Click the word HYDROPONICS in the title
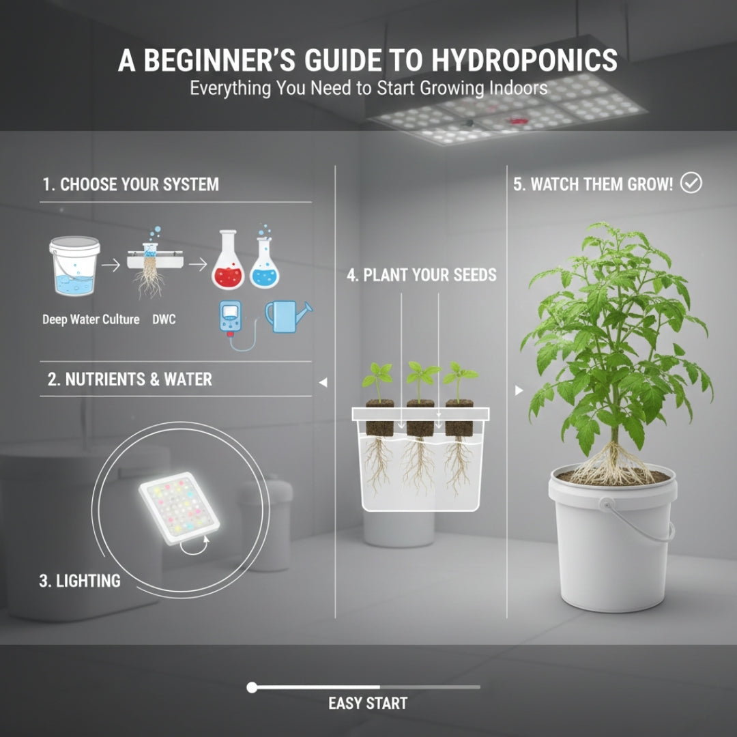524,61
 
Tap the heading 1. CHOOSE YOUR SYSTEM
130,184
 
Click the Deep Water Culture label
91,319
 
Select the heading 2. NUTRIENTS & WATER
130,379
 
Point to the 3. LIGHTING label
80,581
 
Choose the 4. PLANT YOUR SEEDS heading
421,276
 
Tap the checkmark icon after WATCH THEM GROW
691,184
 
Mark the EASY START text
368,703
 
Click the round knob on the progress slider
252,687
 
